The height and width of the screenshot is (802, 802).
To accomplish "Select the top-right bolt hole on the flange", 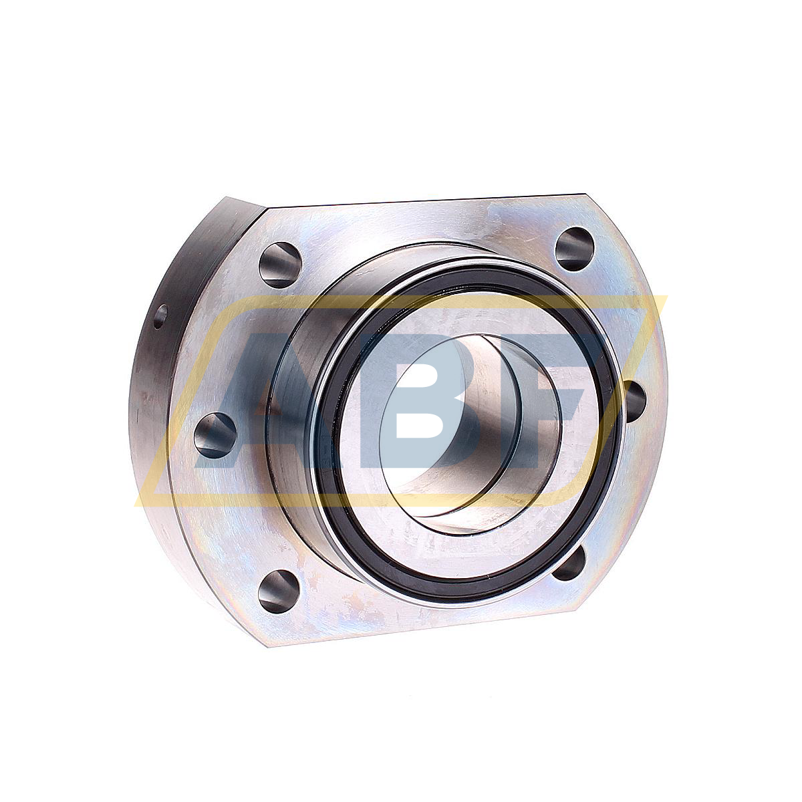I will tap(575, 249).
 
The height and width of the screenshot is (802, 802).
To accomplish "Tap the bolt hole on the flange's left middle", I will tap(215, 434).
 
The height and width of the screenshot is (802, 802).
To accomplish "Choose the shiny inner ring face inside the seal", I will tap(374, 481).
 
